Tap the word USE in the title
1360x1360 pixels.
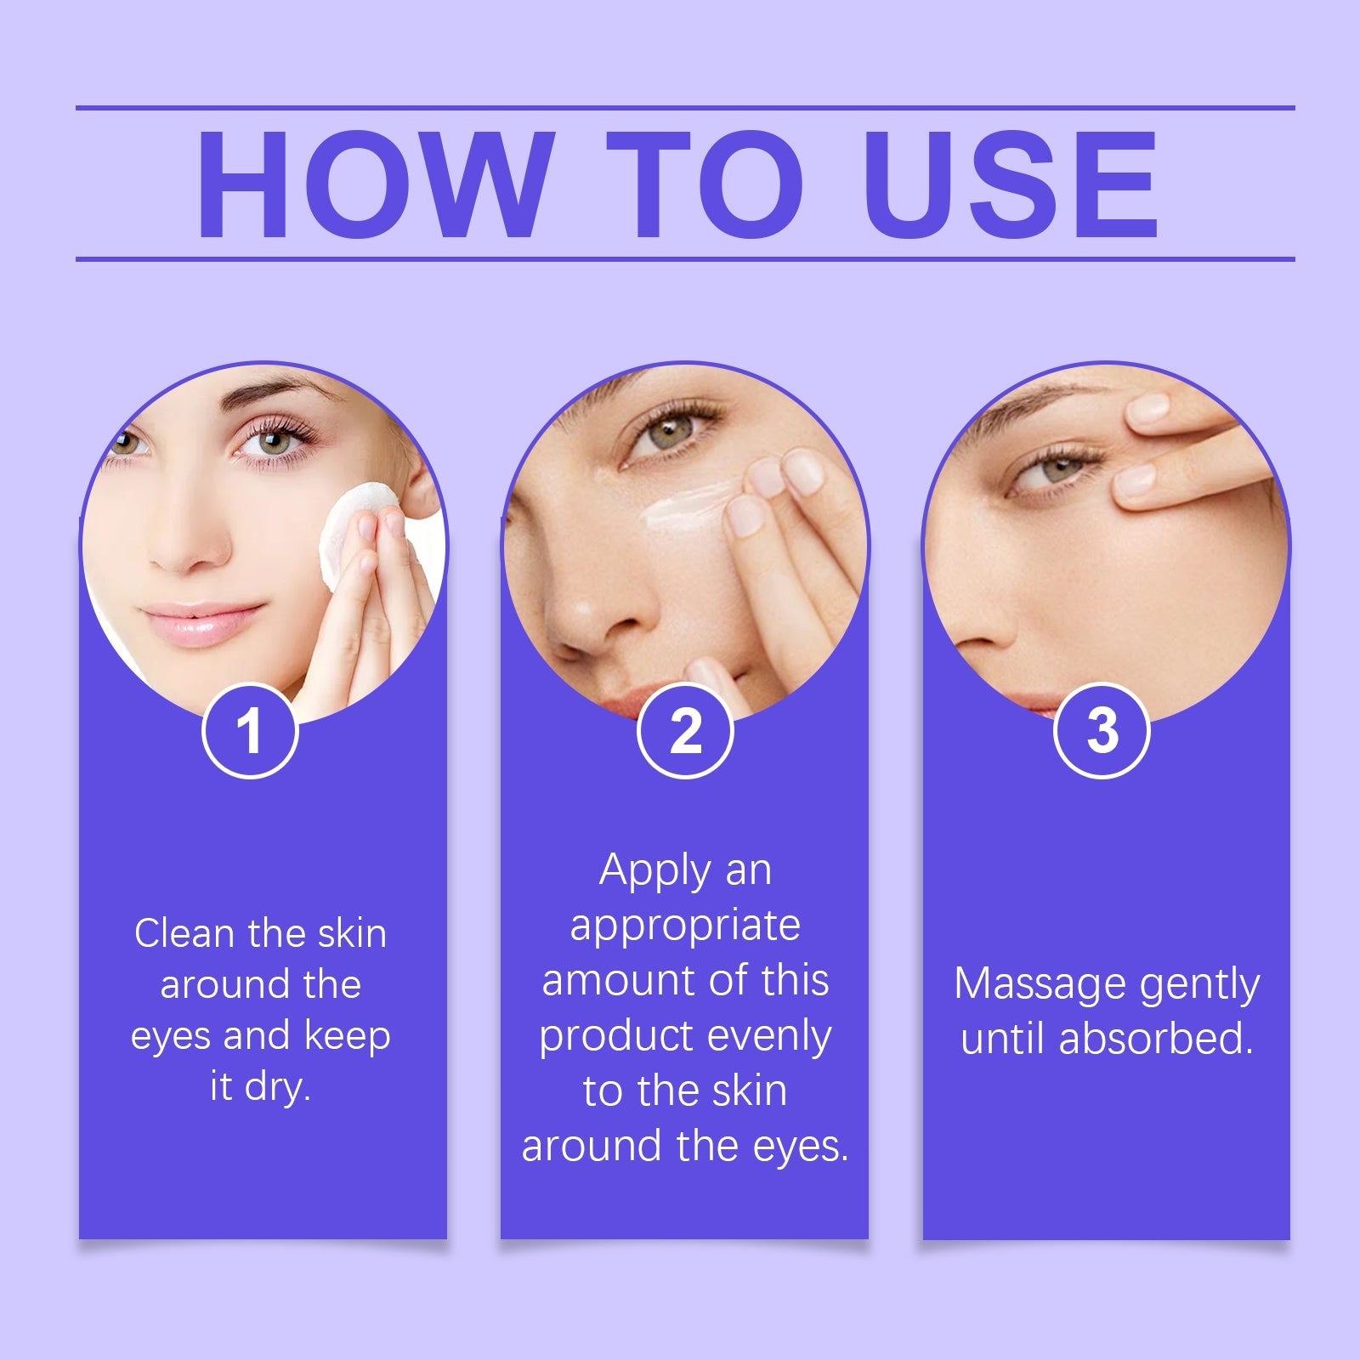(x=1011, y=184)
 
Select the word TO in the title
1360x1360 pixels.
(x=705, y=184)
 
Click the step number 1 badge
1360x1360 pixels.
(x=250, y=731)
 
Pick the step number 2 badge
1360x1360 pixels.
(x=685, y=731)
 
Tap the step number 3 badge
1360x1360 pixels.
(x=1102, y=731)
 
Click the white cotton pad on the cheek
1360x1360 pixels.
(x=348, y=527)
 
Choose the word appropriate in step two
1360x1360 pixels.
(x=685, y=926)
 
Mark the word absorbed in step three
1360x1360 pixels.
(x=1156, y=1039)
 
